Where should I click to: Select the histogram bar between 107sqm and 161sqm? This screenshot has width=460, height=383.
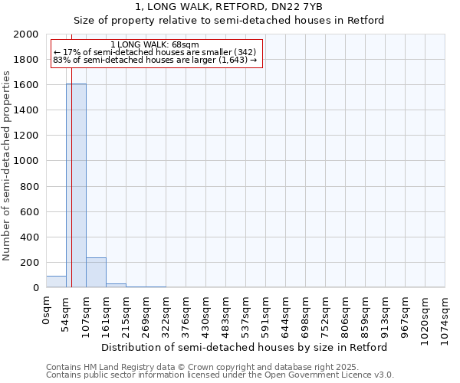coord(96,273)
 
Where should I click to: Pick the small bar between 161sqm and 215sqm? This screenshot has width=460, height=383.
coord(116,286)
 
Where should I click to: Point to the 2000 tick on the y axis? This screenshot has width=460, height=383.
coord(28,34)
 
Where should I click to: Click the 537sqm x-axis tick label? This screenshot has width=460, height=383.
coord(246,312)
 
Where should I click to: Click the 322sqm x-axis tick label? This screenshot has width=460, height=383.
coord(166,312)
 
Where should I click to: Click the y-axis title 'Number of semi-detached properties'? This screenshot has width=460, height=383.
coord(7,165)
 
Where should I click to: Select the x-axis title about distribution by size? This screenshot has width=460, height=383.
coord(245,347)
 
